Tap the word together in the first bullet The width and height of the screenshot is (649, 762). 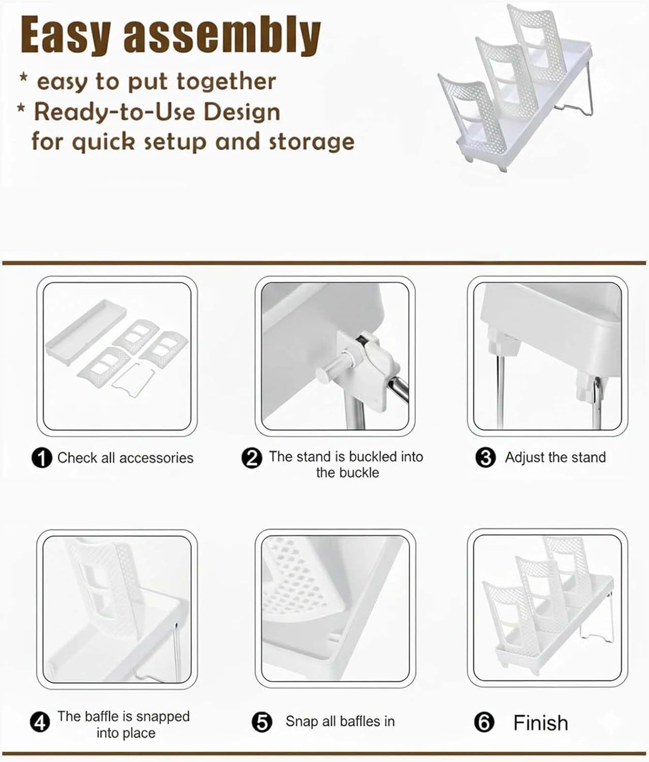click(226, 81)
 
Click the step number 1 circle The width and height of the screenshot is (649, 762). click(42, 458)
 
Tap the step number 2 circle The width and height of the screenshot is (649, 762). click(252, 458)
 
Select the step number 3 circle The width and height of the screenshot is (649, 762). click(486, 458)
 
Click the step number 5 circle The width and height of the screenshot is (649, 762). click(262, 722)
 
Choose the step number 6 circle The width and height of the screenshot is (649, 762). click(484, 722)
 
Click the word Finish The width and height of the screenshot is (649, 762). click(541, 722)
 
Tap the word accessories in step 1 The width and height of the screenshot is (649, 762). click(156, 458)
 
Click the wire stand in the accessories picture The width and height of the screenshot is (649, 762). click(133, 380)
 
